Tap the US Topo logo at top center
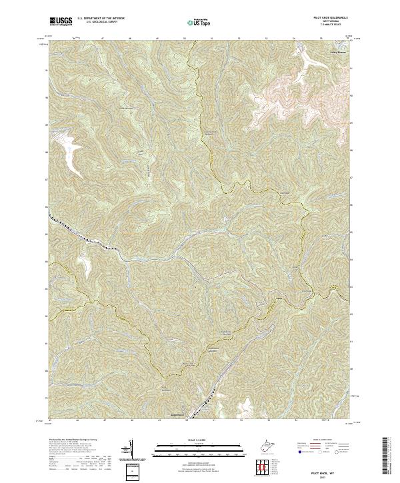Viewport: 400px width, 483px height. click(x=196, y=23)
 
